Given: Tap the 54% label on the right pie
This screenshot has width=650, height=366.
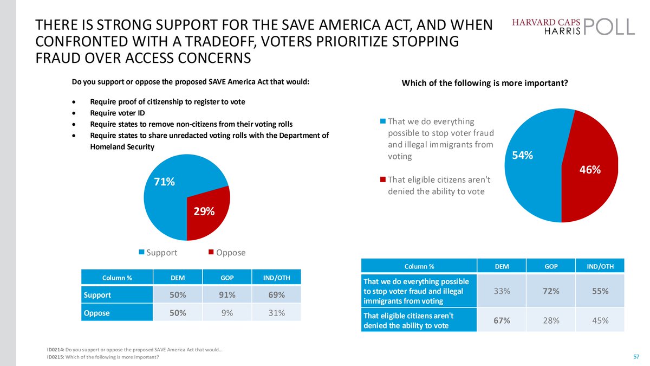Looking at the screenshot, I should tap(523, 156).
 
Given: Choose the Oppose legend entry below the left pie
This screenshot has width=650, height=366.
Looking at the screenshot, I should tap(227, 253).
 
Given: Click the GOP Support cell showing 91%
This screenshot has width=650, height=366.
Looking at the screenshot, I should tap(226, 295).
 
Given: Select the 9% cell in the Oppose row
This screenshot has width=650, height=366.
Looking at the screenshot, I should tap(226, 313).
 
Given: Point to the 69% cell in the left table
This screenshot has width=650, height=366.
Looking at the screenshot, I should tap(277, 295).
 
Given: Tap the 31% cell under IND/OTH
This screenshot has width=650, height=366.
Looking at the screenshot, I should tap(277, 313).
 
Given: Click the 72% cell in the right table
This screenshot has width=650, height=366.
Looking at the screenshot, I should tap(551, 291).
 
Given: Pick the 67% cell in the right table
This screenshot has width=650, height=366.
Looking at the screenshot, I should tap(501, 320).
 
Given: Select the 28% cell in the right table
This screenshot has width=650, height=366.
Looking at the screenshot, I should tap(551, 320).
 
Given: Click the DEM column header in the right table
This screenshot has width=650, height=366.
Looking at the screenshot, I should tap(501, 266).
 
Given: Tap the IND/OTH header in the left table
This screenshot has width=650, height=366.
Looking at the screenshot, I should tap(277, 278).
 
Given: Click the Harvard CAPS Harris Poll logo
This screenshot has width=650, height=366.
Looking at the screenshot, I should tap(573, 25).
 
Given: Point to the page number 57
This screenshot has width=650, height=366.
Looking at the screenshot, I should tap(636, 356).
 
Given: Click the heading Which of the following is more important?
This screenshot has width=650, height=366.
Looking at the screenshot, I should tap(484, 83).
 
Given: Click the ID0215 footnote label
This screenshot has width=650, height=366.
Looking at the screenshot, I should tap(55, 357).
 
